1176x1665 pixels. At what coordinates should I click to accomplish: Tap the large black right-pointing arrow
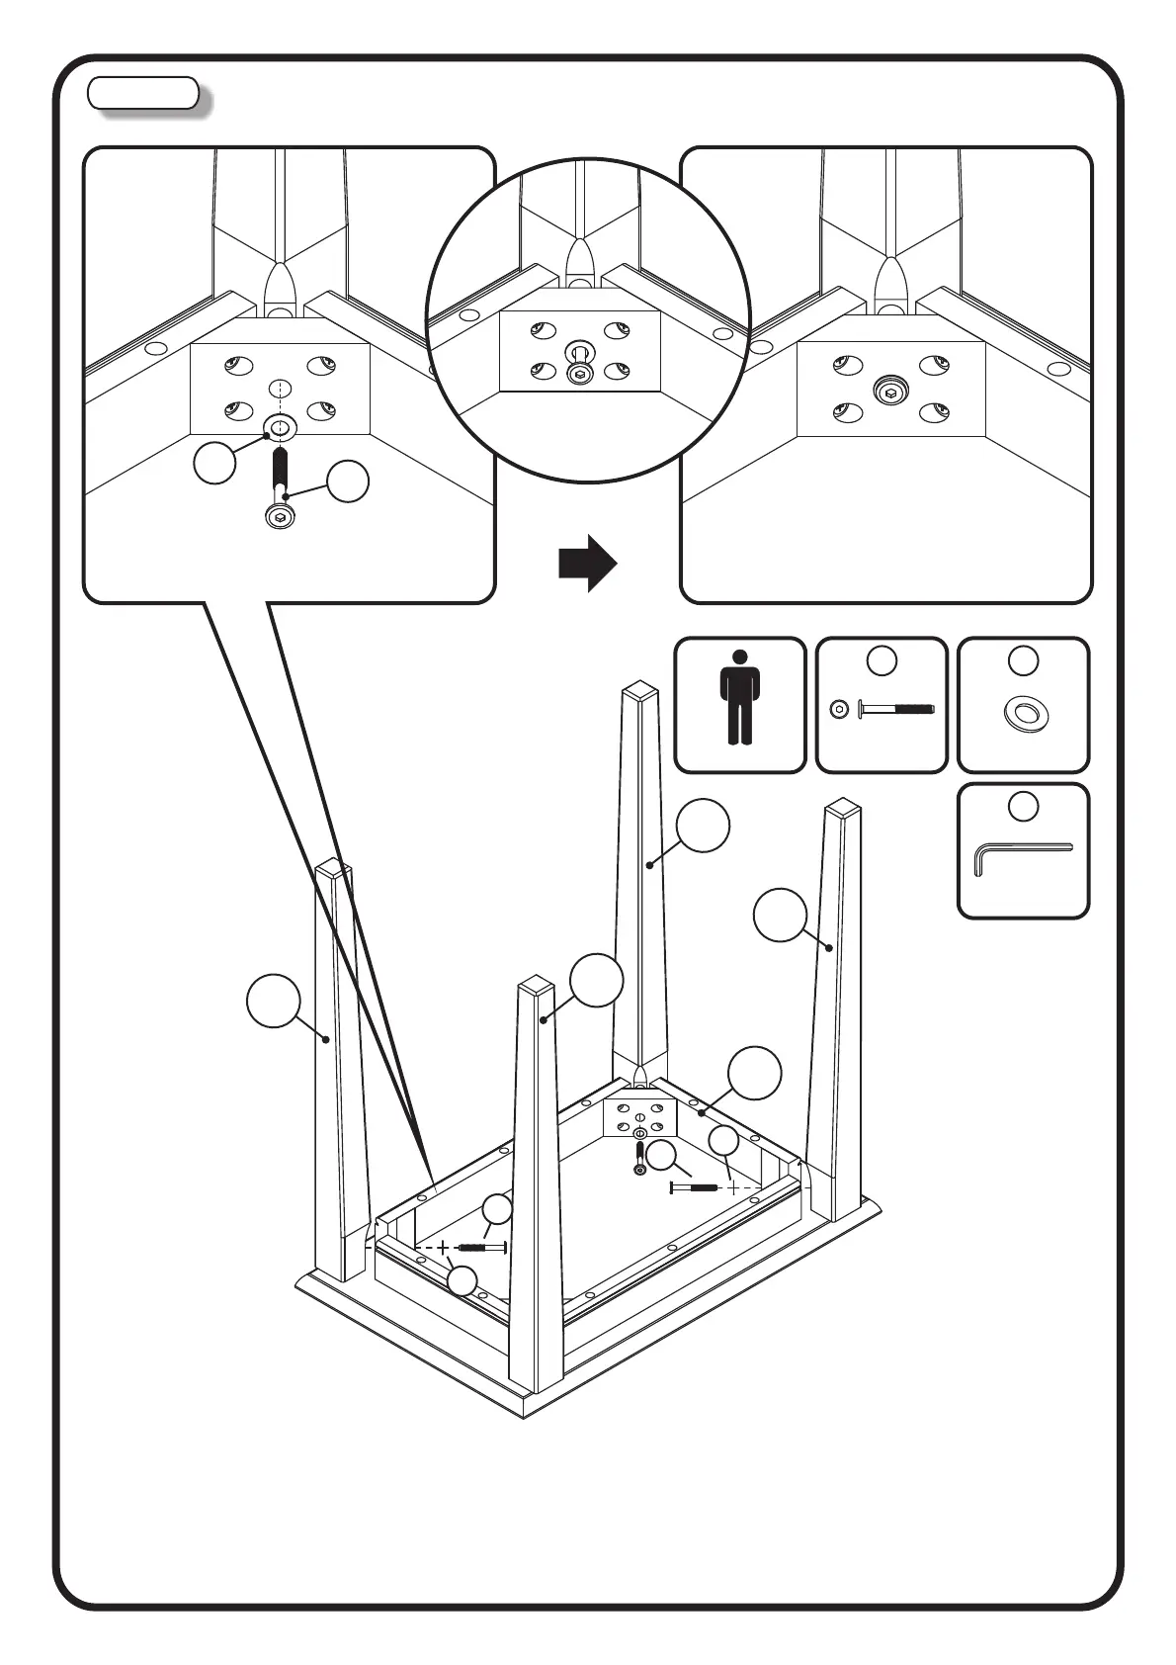pyautogui.click(x=587, y=564)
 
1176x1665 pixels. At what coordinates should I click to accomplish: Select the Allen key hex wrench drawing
pyautogui.click(x=1022, y=854)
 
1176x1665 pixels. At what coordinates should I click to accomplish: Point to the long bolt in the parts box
pyautogui.click(x=895, y=709)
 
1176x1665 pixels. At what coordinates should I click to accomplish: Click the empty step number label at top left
pyautogui.click(x=143, y=93)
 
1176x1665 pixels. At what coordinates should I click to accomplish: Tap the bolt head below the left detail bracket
pyautogui.click(x=280, y=516)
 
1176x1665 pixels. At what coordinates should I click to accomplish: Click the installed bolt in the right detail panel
pyautogui.click(x=891, y=392)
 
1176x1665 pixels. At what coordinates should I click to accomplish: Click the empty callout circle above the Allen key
pyautogui.click(x=1024, y=806)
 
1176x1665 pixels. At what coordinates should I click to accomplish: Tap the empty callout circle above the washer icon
pyautogui.click(x=1024, y=660)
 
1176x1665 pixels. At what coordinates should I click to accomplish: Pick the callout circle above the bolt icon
pyautogui.click(x=882, y=660)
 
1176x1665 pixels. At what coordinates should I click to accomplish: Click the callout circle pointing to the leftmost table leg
pyautogui.click(x=273, y=1001)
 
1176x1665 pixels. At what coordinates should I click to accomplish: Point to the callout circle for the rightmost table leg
pyautogui.click(x=780, y=915)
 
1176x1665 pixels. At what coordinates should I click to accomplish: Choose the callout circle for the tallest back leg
pyautogui.click(x=704, y=825)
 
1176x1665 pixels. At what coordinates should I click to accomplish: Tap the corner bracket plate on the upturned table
pyautogui.click(x=639, y=1117)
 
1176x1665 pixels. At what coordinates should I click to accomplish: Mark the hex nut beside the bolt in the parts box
pyautogui.click(x=839, y=709)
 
